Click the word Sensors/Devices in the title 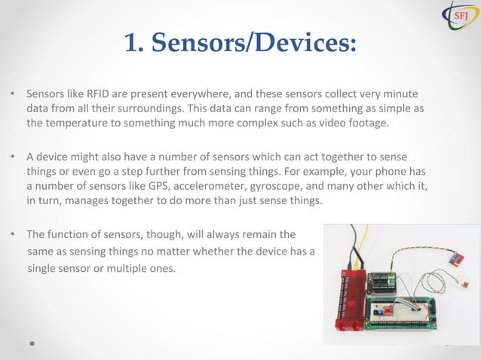point(253,44)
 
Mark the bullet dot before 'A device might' point(13,157)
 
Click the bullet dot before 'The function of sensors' point(13,233)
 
